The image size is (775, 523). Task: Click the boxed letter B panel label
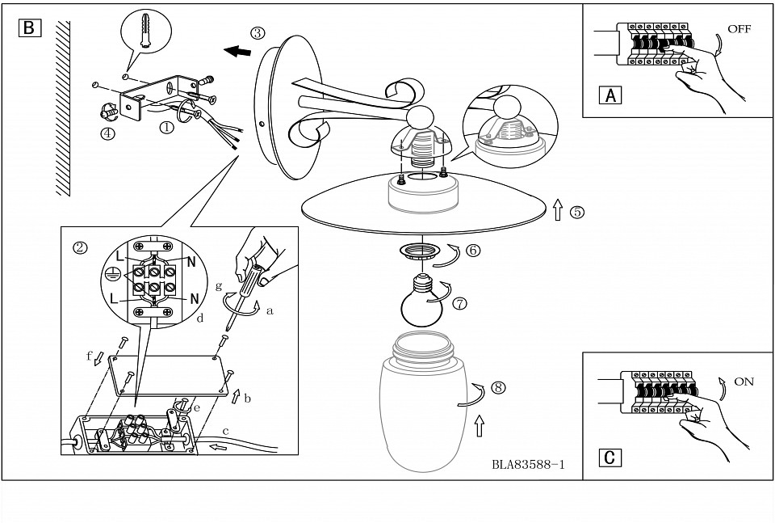28,27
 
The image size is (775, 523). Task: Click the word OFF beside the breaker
739,29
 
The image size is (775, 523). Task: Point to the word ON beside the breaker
744,382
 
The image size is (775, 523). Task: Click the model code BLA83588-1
527,465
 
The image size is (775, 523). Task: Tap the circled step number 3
257,33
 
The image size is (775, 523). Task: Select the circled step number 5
576,213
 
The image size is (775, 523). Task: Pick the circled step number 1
166,127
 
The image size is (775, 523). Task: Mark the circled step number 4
107,133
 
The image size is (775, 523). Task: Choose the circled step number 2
79,246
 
